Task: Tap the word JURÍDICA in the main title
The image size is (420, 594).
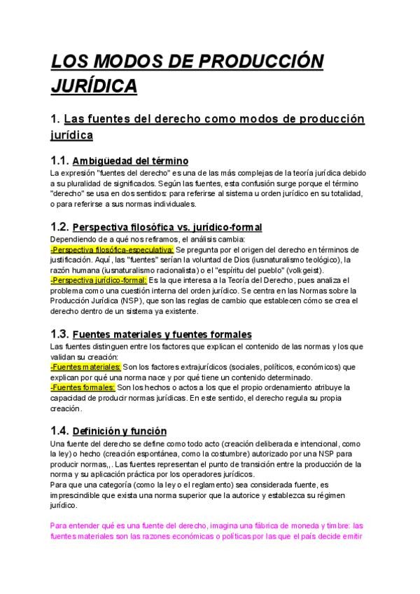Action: (94, 85)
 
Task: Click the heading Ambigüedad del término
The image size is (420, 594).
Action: (130, 161)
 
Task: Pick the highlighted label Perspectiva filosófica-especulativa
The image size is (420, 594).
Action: (112, 249)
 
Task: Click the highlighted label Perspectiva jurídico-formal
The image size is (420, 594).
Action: (98, 280)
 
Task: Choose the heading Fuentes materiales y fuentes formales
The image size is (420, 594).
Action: (162, 335)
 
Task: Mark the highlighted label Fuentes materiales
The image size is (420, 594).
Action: (85, 367)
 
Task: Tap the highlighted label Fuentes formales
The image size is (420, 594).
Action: (83, 387)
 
